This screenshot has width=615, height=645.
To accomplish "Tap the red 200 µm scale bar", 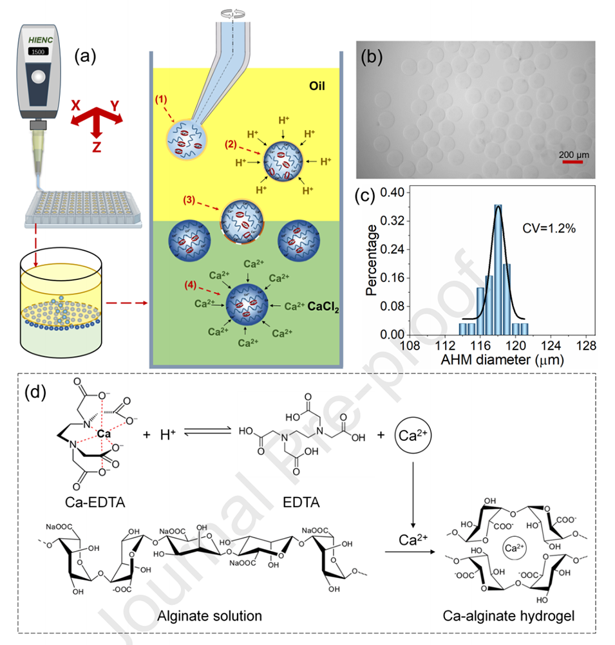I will [x=572, y=162].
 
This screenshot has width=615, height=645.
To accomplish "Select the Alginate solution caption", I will [x=210, y=615].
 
